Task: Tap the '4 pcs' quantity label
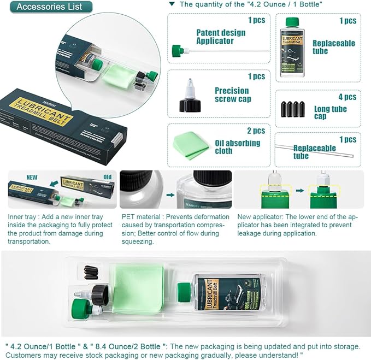pos(347,97)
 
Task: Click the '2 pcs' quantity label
pos(256,131)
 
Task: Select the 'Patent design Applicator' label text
pos(221,37)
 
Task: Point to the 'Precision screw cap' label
pos(232,95)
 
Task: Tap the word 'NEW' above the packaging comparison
pos(32,178)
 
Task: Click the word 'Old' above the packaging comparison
pos(107,178)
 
